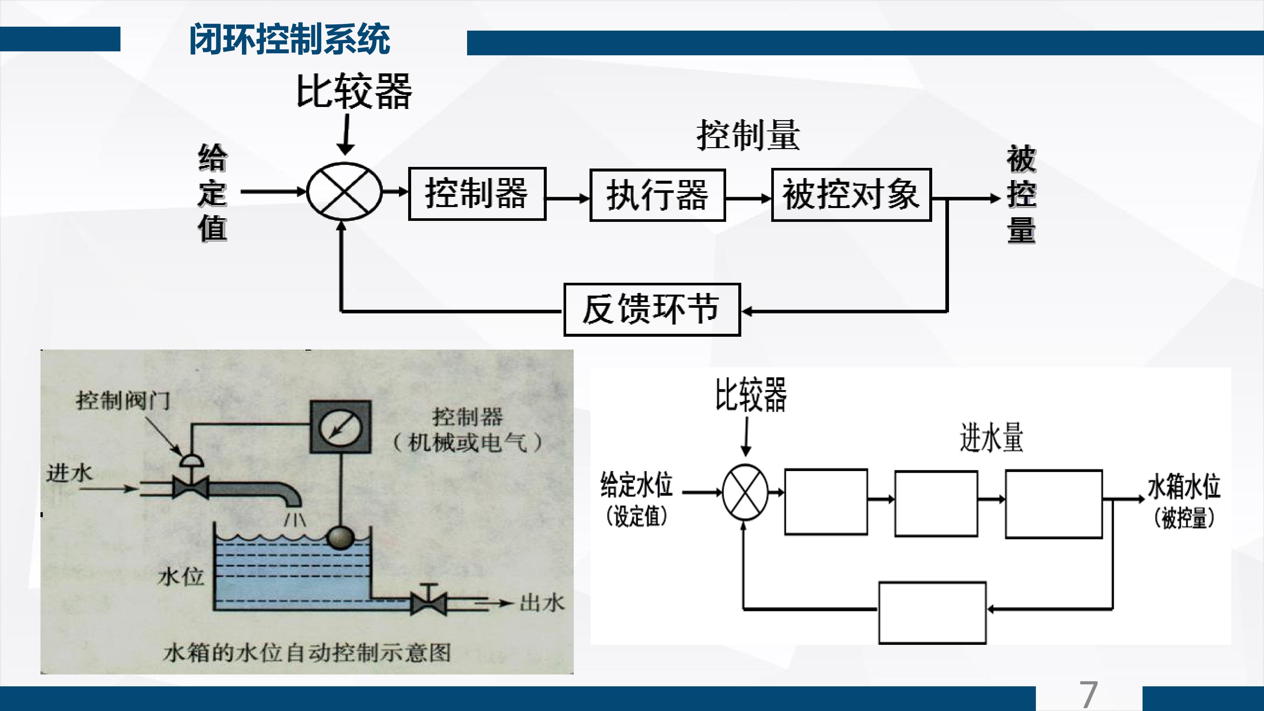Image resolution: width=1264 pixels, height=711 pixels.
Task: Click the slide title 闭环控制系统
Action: [x=290, y=39]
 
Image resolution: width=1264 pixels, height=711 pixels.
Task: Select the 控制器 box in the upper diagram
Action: [x=477, y=194]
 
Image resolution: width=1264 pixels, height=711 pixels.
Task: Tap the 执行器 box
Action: [x=658, y=195]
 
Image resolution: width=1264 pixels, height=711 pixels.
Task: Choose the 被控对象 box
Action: [x=851, y=195]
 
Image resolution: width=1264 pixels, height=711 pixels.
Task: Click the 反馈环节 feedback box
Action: [x=652, y=310]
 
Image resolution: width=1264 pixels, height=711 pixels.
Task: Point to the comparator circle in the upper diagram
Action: [x=344, y=191]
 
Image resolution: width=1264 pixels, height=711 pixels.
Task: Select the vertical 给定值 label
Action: [x=212, y=193]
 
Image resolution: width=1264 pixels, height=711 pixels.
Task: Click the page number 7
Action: [x=1088, y=694]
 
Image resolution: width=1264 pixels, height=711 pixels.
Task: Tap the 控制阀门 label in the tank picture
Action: [x=123, y=400]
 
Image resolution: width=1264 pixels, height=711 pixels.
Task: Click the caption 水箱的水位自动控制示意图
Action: [x=307, y=653]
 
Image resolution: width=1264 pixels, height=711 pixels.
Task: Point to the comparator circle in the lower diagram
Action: [x=745, y=492]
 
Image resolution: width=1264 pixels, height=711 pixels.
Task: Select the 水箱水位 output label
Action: [x=1184, y=486]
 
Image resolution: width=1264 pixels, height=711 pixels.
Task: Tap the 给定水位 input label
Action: [x=636, y=484]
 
